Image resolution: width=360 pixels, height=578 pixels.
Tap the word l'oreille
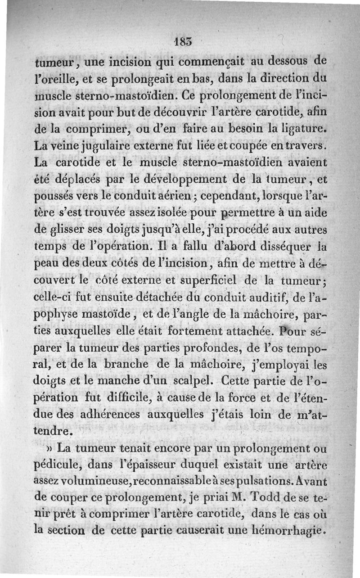click(53, 77)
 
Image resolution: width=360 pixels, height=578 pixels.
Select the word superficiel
click(215, 281)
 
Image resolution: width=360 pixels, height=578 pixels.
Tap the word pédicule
click(58, 465)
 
